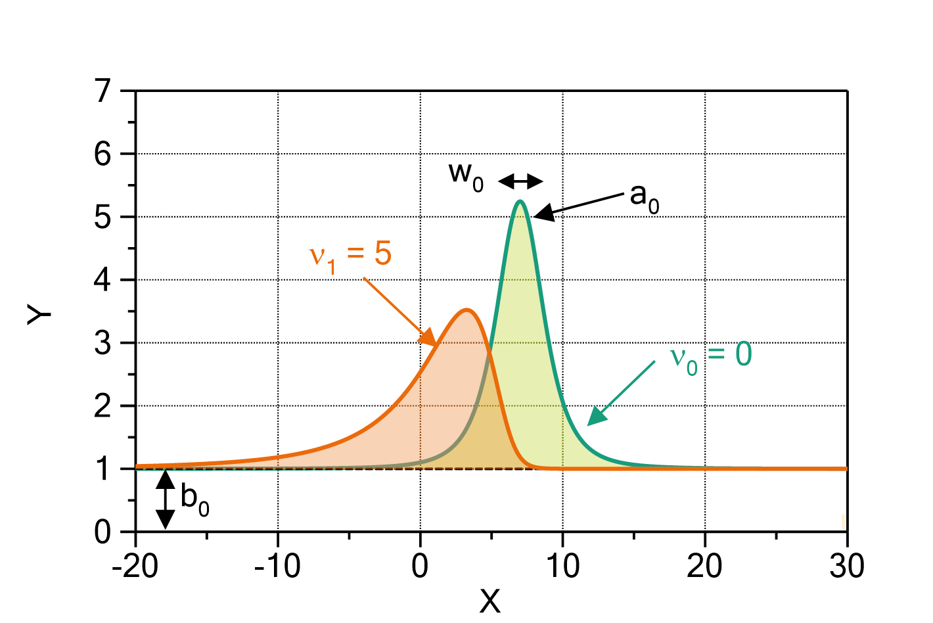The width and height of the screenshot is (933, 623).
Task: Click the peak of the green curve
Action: click(x=520, y=201)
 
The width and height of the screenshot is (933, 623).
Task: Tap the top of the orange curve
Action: click(x=466, y=308)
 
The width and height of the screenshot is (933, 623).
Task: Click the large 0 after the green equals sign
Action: click(x=743, y=354)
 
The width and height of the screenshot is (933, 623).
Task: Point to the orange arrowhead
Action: click(x=428, y=337)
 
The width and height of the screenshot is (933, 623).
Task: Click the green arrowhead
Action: click(x=595, y=417)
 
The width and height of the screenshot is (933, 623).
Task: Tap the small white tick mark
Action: click(x=843, y=522)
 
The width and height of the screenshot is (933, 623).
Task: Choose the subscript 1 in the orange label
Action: click(x=332, y=266)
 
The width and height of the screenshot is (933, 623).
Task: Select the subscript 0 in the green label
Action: click(x=692, y=367)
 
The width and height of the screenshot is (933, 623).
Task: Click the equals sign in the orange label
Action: click(x=355, y=255)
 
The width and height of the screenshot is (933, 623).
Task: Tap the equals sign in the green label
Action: click(x=716, y=356)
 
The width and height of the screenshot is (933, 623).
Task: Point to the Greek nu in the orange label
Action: click(x=317, y=256)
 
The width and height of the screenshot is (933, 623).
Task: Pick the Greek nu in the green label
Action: click(x=677, y=357)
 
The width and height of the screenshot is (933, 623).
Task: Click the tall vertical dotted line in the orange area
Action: click(x=421, y=421)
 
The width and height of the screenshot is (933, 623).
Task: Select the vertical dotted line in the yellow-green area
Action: click(x=562, y=437)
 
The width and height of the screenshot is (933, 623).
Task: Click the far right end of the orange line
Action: click(x=846, y=469)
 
